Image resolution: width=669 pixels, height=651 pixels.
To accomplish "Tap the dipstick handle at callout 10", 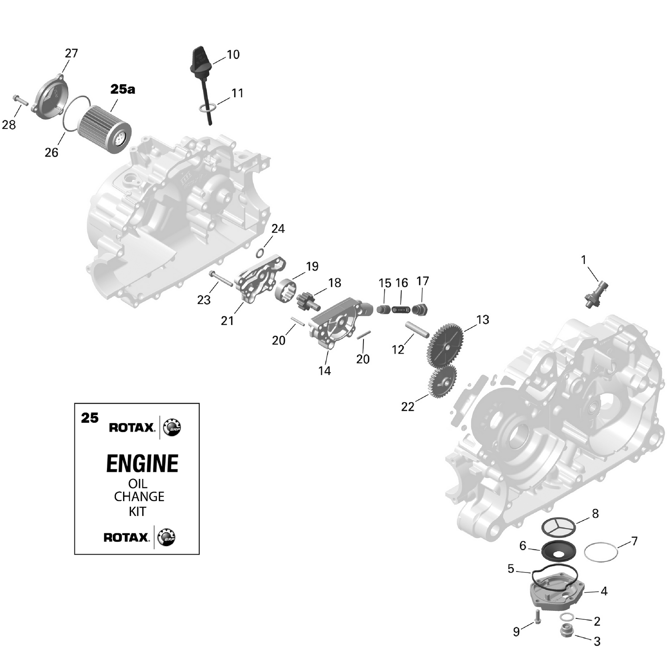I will pos(200,60).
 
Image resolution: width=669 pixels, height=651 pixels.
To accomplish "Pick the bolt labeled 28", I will pos(21,100).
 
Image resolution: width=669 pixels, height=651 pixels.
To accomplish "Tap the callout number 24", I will pos(278,229).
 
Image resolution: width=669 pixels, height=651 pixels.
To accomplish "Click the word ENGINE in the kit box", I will pos(142,463).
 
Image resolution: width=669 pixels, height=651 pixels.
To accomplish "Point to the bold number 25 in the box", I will pos(90,418).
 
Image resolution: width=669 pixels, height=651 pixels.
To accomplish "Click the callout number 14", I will pos(325,371).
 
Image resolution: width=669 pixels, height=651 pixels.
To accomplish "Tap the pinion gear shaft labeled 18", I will pos(309,300).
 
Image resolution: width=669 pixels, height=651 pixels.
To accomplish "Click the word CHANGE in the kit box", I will pos(139,497).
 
